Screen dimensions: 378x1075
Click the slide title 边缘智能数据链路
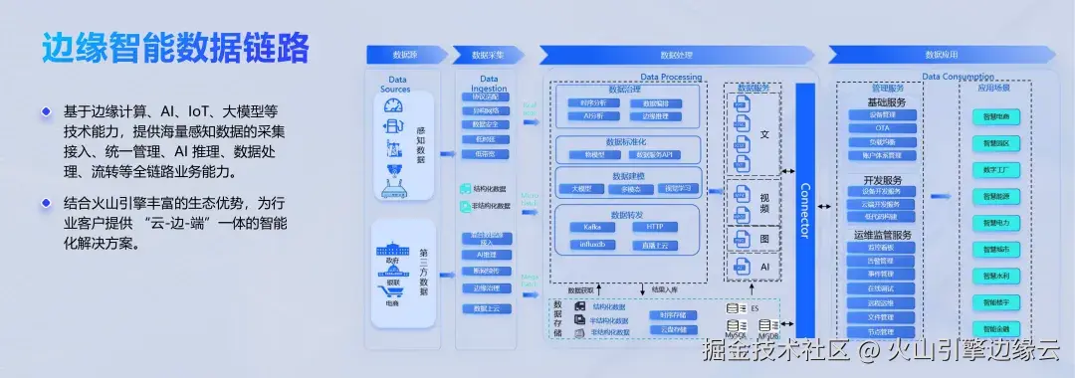pyautogui.click(x=174, y=47)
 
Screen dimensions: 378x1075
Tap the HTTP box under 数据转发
pyautogui.click(x=654, y=227)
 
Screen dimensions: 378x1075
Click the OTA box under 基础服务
pyautogui.click(x=882, y=128)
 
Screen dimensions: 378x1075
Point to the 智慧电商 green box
pyautogui.click(x=995, y=117)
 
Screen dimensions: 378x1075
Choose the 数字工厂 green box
pyautogui.click(x=995, y=170)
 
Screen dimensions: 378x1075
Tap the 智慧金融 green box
pyautogui.click(x=995, y=328)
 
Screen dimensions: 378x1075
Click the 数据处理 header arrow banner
pyautogui.click(x=677, y=55)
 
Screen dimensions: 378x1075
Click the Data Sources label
pyautogui.click(x=395, y=84)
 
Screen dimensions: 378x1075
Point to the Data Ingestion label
pyautogui.click(x=489, y=84)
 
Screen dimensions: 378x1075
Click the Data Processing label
pyautogui.click(x=671, y=77)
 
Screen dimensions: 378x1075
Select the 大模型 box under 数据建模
pyautogui.click(x=581, y=188)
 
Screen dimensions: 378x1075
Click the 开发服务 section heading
pyautogui.click(x=882, y=179)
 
